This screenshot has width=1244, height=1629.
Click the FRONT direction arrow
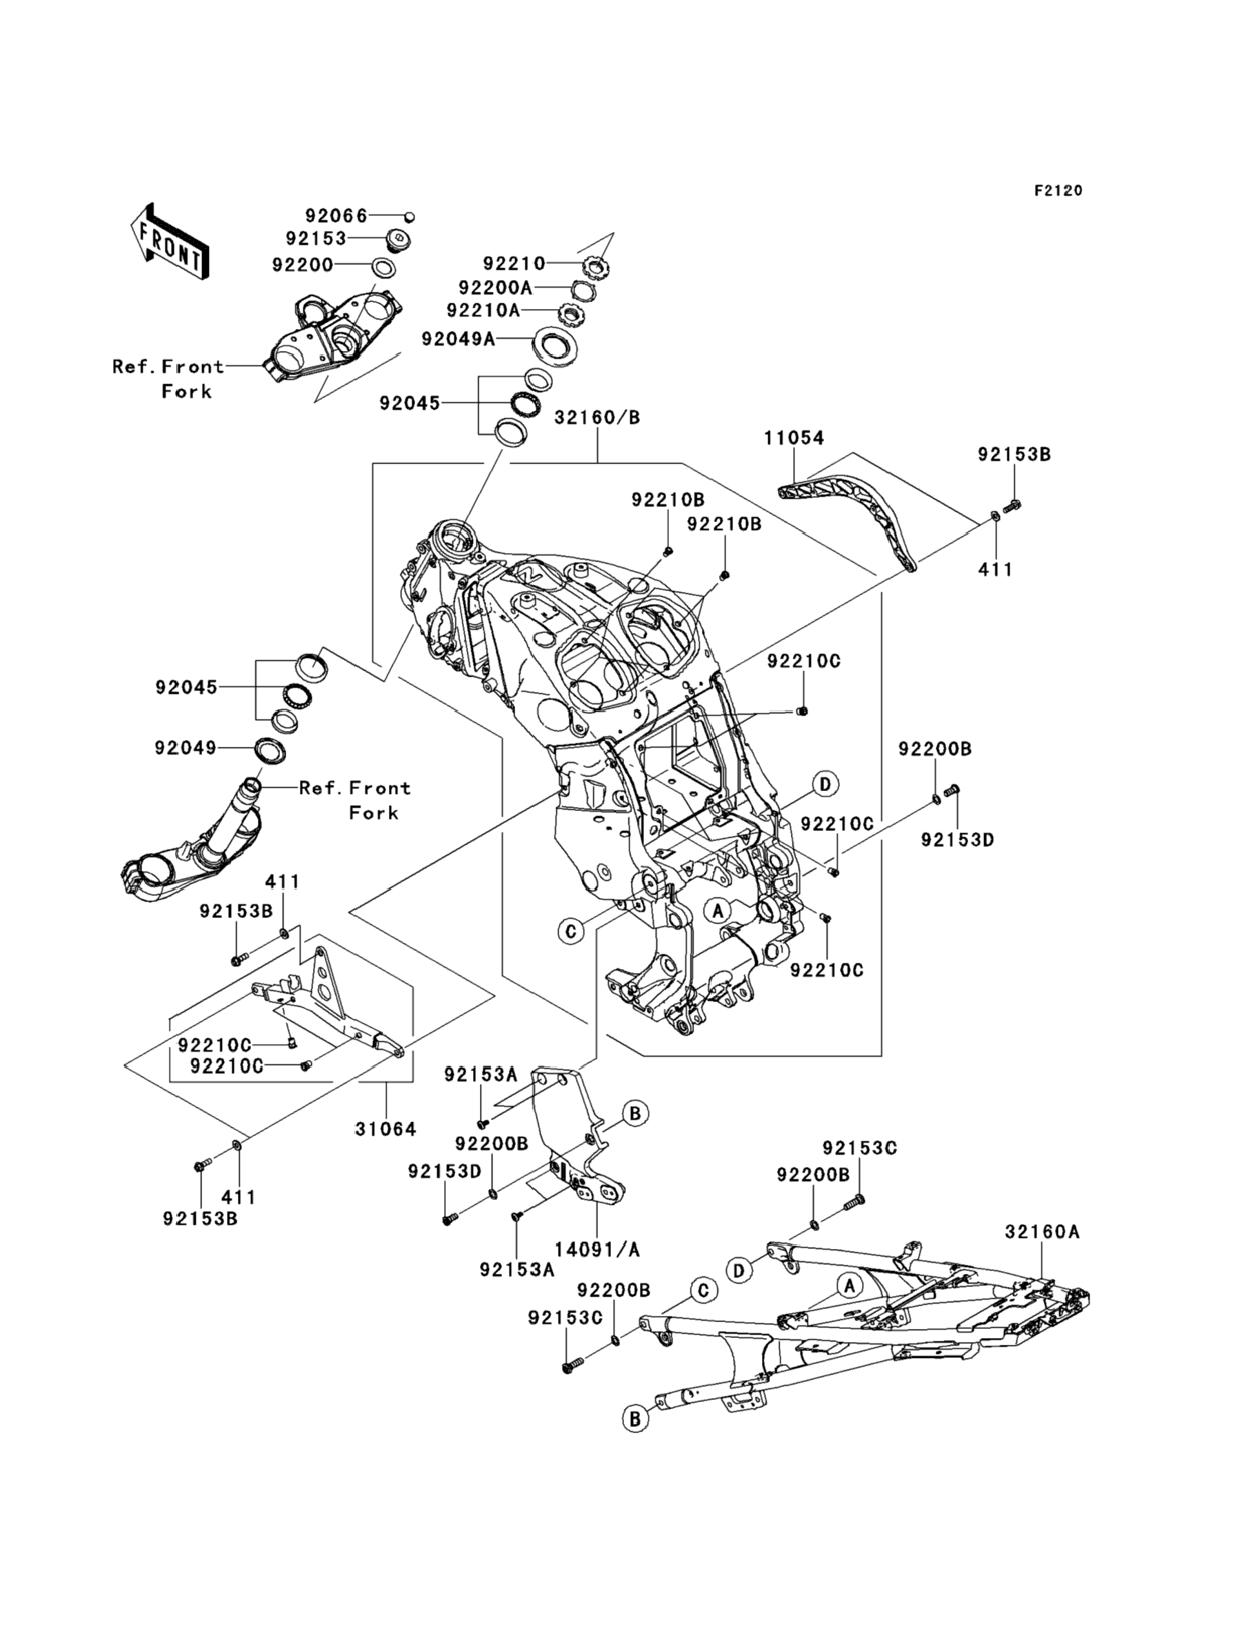(168, 243)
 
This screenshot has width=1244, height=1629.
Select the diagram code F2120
(1058, 191)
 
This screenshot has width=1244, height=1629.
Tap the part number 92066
(337, 215)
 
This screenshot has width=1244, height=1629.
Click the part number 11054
(794, 439)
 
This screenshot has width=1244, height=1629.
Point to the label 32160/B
(596, 418)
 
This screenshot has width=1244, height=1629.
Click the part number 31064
(385, 1129)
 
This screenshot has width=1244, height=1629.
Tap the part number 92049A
(459, 339)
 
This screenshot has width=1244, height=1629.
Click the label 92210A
(483, 310)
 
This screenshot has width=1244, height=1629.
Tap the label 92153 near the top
(317, 239)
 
